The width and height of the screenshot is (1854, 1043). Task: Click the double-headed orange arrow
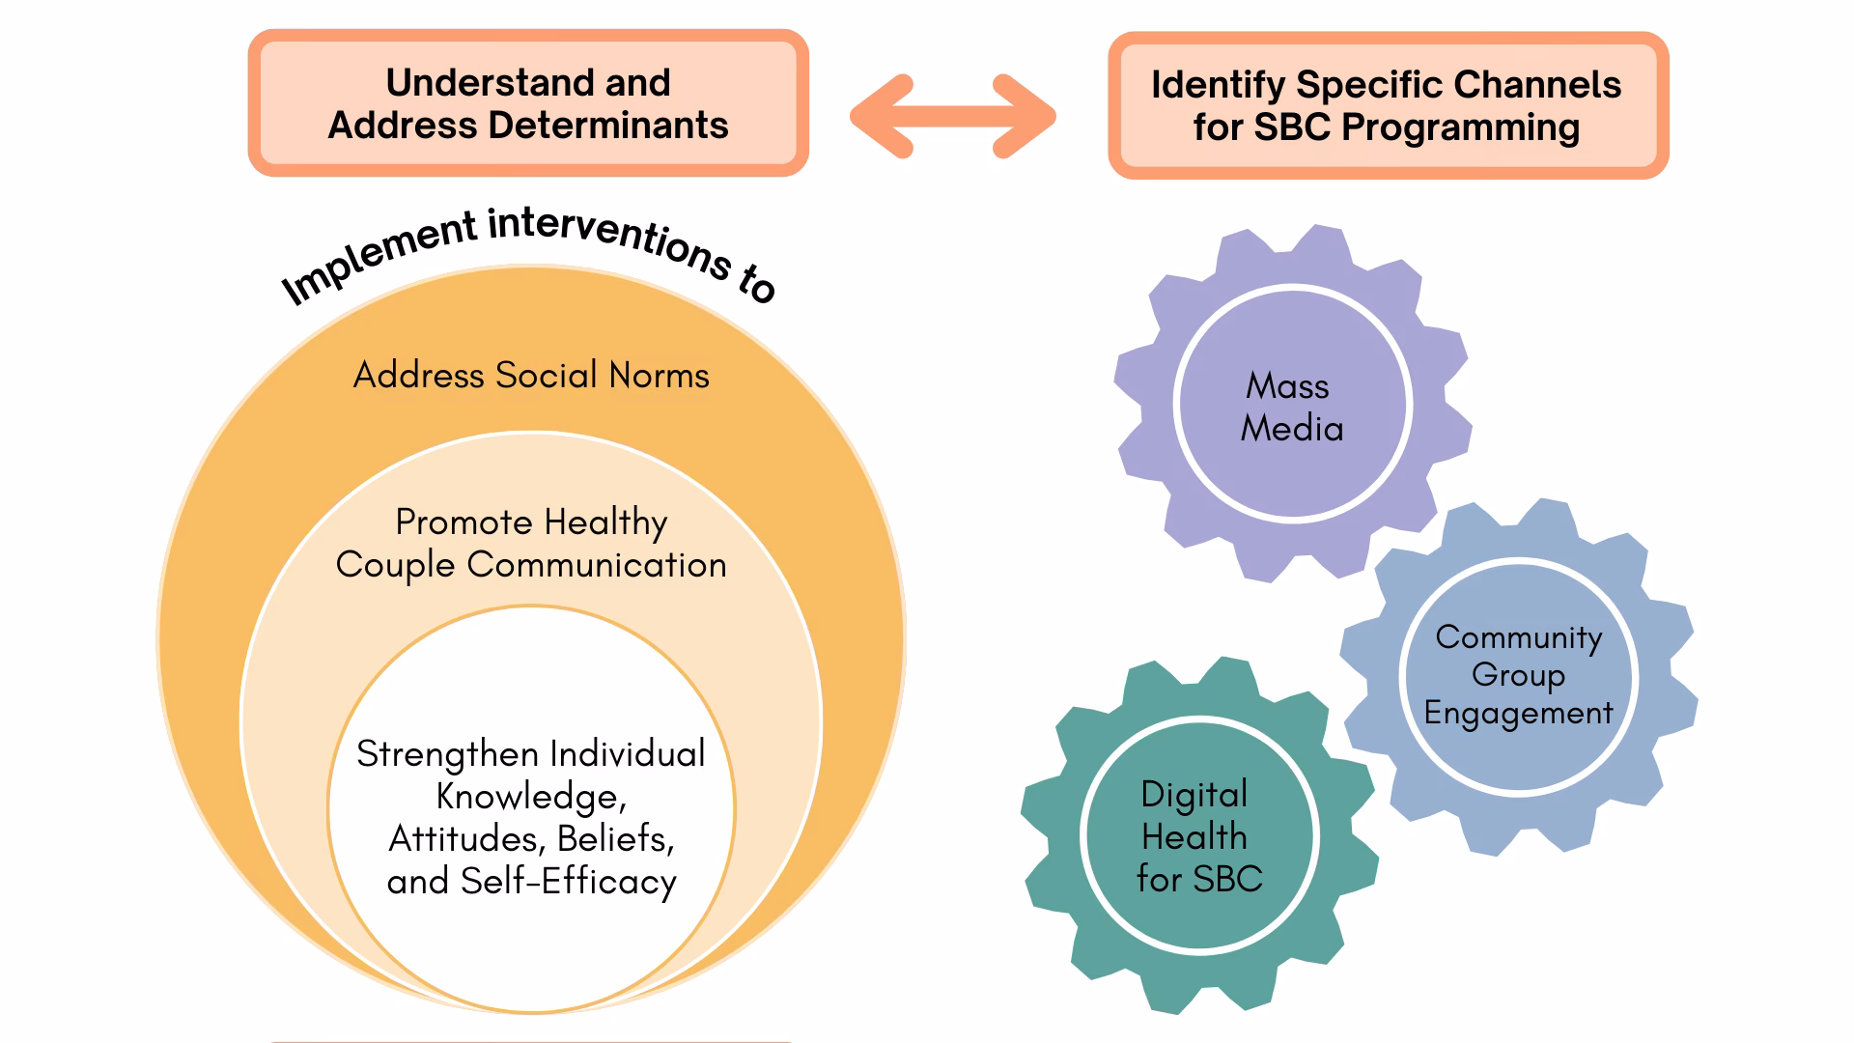pyautogui.click(x=952, y=116)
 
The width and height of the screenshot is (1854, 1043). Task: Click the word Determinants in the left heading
pyautogui.click(x=608, y=126)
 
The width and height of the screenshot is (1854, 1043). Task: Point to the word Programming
pyautogui.click(x=1461, y=128)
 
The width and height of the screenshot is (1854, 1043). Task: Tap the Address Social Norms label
pyautogui.click(x=531, y=375)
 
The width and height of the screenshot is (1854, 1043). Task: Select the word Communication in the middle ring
pyautogui.click(x=597, y=565)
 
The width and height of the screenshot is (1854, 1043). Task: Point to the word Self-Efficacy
pyautogui.click(x=569, y=882)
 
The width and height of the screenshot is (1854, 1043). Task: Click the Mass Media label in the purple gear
pyautogui.click(x=1292, y=407)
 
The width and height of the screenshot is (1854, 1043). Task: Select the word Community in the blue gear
pyautogui.click(x=1519, y=637)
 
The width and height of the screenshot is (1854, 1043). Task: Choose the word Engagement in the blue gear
pyautogui.click(x=1518, y=713)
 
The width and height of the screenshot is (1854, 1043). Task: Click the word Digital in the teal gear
pyautogui.click(x=1194, y=795)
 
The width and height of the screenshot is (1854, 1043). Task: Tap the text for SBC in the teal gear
pyautogui.click(x=1199, y=879)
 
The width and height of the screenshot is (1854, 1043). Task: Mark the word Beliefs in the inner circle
pyautogui.click(x=616, y=839)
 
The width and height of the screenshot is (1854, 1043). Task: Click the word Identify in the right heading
pyautogui.click(x=1218, y=86)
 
